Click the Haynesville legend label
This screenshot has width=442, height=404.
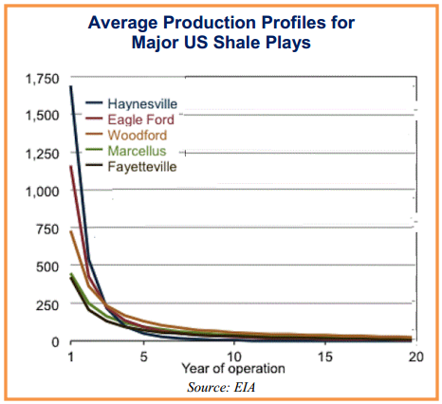(x=142, y=104)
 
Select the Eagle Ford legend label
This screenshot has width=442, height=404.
(x=141, y=119)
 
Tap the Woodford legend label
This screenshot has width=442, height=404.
(x=138, y=135)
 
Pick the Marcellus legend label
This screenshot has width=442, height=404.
(x=137, y=151)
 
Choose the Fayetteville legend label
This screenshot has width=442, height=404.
(x=142, y=167)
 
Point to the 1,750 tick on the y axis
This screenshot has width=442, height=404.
(x=42, y=79)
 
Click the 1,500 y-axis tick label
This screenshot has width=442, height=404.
(x=42, y=116)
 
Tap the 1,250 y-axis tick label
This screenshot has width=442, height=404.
(x=42, y=154)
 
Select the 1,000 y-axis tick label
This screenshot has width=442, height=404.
(x=42, y=192)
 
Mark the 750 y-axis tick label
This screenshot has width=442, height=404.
(x=47, y=230)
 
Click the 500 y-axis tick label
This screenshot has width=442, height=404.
(x=47, y=266)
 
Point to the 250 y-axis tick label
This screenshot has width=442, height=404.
(x=47, y=305)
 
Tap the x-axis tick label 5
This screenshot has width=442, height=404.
(x=144, y=357)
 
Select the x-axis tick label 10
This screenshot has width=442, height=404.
(x=234, y=357)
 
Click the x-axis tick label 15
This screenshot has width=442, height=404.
(x=325, y=357)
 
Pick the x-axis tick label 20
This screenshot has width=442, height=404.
(x=415, y=357)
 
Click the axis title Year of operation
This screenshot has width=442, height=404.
(x=233, y=369)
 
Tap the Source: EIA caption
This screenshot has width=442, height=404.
(x=221, y=387)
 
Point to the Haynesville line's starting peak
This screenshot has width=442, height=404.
(x=71, y=86)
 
